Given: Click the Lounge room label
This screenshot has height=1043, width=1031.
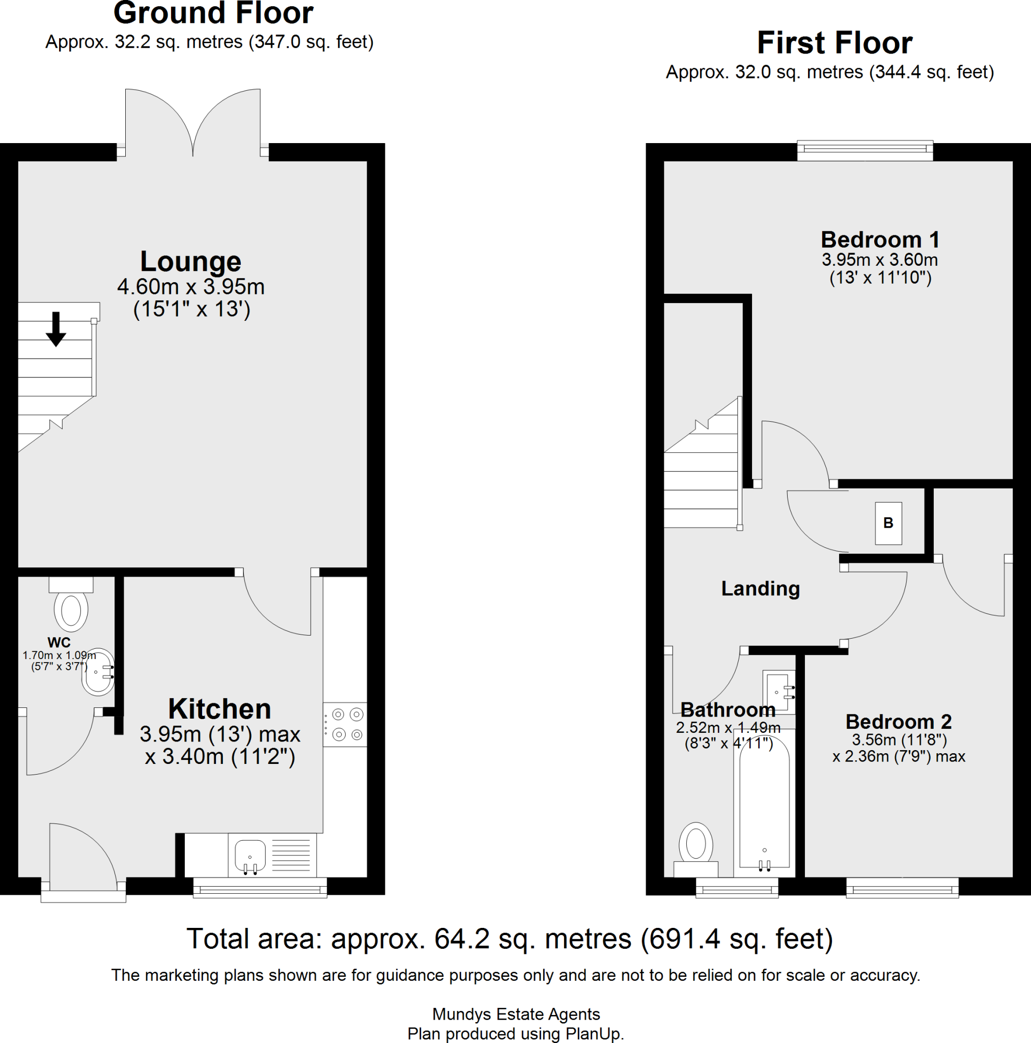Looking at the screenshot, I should pyautogui.click(x=190, y=262).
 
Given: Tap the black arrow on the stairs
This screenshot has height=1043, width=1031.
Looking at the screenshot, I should pyautogui.click(x=55, y=329).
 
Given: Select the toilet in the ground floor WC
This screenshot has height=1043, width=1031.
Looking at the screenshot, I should pyautogui.click(x=71, y=609).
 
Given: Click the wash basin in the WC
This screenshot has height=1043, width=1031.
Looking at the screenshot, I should pyautogui.click(x=98, y=672).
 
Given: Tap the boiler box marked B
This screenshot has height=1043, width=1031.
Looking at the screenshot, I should pyautogui.click(x=888, y=523).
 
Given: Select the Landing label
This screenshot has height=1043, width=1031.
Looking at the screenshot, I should pyautogui.click(x=760, y=588).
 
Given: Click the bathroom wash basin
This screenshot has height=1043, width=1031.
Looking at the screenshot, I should pyautogui.click(x=778, y=692).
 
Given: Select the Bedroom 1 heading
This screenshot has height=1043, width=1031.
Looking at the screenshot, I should pyautogui.click(x=880, y=240).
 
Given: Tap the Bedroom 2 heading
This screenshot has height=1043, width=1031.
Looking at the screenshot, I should pyautogui.click(x=898, y=722).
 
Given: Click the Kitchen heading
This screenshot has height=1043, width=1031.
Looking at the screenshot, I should pyautogui.click(x=219, y=709).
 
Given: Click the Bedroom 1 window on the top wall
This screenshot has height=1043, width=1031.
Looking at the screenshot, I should pyautogui.click(x=865, y=151).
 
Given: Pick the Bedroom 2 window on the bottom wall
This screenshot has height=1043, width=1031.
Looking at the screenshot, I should pyautogui.click(x=902, y=888).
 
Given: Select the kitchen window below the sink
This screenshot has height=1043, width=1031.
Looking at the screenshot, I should pyautogui.click(x=260, y=888).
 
